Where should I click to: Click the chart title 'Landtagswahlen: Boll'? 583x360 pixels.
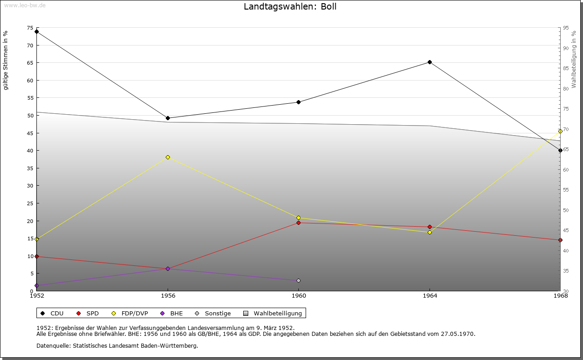point(290,6)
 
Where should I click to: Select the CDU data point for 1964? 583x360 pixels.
point(430,62)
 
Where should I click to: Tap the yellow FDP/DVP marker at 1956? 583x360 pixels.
point(168,157)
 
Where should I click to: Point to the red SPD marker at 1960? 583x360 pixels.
point(298,223)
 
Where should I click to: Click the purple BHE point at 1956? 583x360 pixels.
point(168,269)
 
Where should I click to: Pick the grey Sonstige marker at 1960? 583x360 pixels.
point(298,281)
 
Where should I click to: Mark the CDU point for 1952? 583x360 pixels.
point(37,32)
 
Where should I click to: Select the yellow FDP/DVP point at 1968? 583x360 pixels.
point(560,132)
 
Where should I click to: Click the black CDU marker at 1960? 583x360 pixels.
point(298,102)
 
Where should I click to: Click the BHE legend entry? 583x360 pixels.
point(172,314)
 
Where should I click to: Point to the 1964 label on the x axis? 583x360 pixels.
point(430,296)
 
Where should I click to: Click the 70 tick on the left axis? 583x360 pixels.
point(30,46)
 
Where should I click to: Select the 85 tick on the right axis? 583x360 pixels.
point(566,68)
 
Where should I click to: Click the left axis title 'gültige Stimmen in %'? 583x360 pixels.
point(5,61)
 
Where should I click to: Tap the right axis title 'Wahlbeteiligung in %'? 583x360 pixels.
point(574,60)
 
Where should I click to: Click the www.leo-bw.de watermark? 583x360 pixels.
point(25,5)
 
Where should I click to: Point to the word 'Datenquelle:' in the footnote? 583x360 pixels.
point(54,346)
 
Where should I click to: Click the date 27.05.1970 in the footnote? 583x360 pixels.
point(458,334)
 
